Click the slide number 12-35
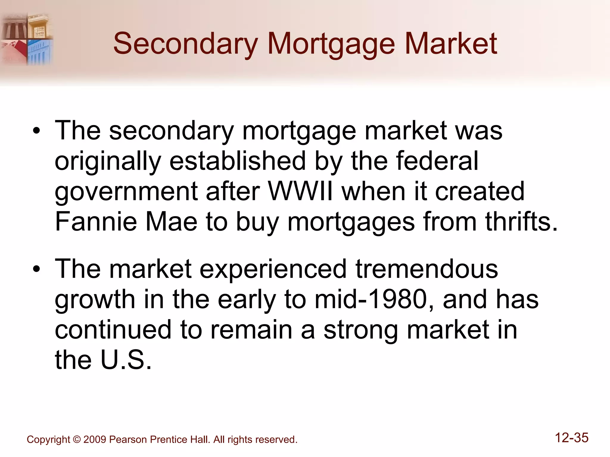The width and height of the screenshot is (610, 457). pos(572,438)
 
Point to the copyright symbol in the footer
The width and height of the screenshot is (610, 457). pos(77,439)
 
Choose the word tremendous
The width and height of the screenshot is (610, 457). pos(427,269)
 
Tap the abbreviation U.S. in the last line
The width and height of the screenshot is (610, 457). pos(126,360)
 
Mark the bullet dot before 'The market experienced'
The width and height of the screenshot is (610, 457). pos(36,270)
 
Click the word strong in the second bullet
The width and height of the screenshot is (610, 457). pos(361,330)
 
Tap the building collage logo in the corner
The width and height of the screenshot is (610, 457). pos(27,39)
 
